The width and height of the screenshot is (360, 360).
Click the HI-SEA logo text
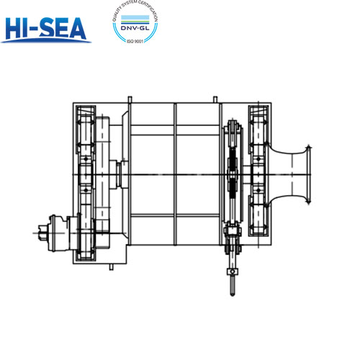coord(45,27)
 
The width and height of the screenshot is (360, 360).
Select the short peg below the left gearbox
coord(112,267)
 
